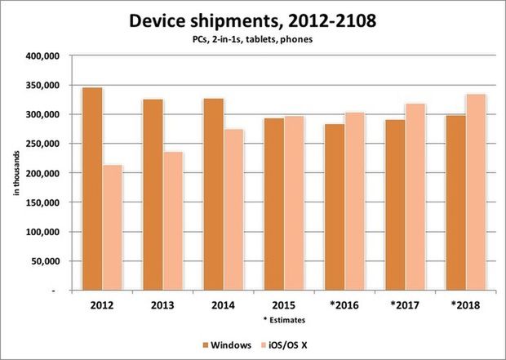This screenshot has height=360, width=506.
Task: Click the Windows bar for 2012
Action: tap(92, 189)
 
